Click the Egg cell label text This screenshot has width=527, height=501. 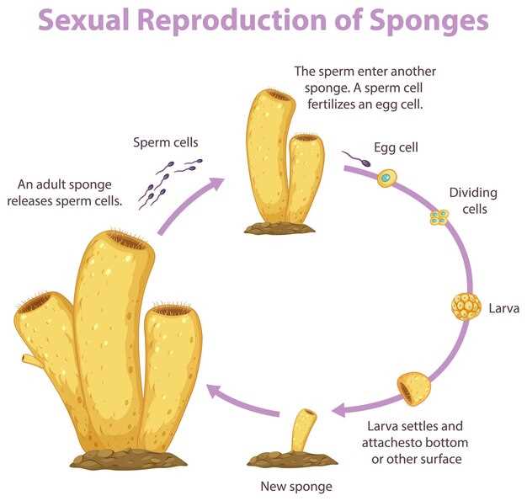(397, 147)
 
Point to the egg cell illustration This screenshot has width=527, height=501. (386, 178)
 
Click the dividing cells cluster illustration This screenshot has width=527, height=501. (439, 218)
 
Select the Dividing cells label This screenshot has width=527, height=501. (473, 200)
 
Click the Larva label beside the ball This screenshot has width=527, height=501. (504, 308)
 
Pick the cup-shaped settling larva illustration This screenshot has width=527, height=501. (413, 387)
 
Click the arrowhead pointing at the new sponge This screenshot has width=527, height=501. (340, 411)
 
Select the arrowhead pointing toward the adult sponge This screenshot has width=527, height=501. (216, 390)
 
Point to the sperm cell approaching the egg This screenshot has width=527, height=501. (354, 157)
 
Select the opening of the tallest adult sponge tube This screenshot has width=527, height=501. (129, 241)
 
